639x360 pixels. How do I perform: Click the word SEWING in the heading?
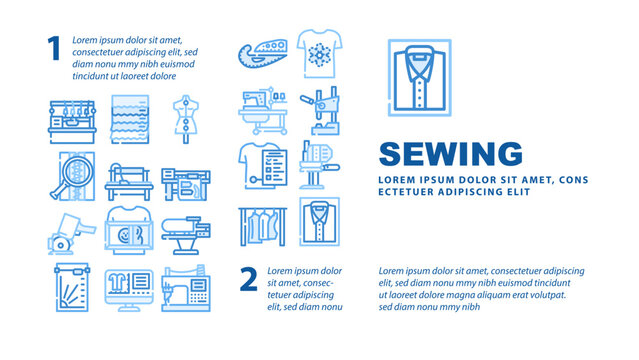(x=450, y=155)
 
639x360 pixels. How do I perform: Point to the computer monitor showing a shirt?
(x=127, y=290)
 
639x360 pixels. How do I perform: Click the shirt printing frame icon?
(x=127, y=232)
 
